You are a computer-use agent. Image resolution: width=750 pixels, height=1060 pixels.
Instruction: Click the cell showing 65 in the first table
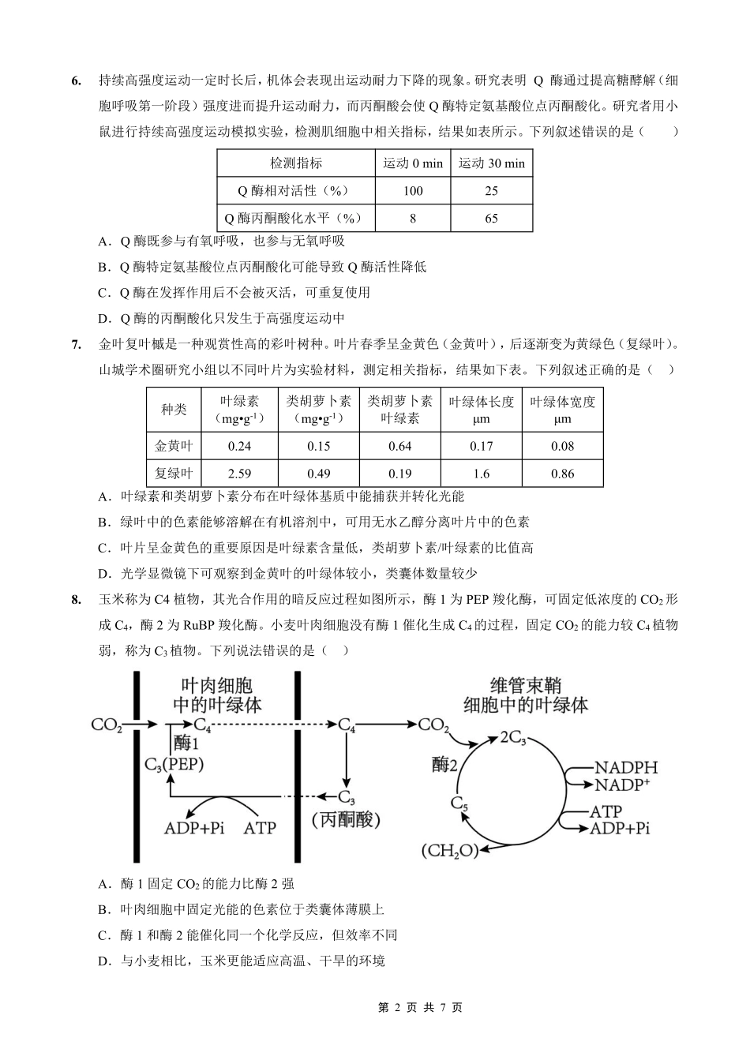(x=491, y=218)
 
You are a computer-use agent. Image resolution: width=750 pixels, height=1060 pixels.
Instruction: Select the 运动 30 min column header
(x=491, y=163)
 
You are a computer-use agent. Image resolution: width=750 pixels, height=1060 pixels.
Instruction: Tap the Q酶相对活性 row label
(x=295, y=191)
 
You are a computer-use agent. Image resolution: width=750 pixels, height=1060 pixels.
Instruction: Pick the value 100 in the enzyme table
(x=413, y=191)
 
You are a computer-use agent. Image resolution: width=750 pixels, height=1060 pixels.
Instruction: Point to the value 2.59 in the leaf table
(x=239, y=474)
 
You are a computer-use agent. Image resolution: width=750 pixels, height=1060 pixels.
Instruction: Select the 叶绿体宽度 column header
(x=562, y=410)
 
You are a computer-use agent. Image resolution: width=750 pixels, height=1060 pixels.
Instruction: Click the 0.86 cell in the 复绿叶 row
(x=562, y=474)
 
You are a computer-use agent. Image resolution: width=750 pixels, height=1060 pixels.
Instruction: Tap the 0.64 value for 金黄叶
(x=400, y=446)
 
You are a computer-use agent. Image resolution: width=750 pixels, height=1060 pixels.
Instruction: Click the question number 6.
(x=76, y=81)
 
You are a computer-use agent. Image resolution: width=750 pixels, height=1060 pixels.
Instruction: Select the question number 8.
(x=76, y=600)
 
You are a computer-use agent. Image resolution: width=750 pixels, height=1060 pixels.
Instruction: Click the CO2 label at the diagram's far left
(x=107, y=725)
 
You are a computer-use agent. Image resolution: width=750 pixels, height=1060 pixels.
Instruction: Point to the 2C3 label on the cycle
(x=513, y=737)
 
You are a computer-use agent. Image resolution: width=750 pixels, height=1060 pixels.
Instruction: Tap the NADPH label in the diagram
(x=625, y=767)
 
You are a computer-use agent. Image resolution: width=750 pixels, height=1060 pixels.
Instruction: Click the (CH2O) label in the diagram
(x=450, y=851)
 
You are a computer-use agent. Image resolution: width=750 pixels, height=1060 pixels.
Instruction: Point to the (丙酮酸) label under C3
(x=347, y=821)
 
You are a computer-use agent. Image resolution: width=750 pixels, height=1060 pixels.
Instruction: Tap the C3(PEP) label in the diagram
(x=174, y=764)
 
